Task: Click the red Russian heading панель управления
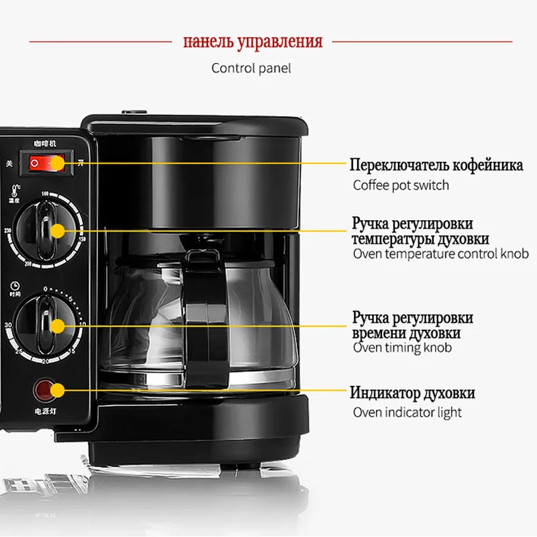coord(253,42)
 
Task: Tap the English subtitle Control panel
coord(251,68)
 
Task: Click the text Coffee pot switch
coord(401,185)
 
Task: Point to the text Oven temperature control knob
coord(440,254)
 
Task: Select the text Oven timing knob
coord(402,347)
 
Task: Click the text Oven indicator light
coord(407,412)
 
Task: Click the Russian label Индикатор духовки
coord(412,393)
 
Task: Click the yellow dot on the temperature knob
coord(58,231)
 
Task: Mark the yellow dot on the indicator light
coord(58,389)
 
